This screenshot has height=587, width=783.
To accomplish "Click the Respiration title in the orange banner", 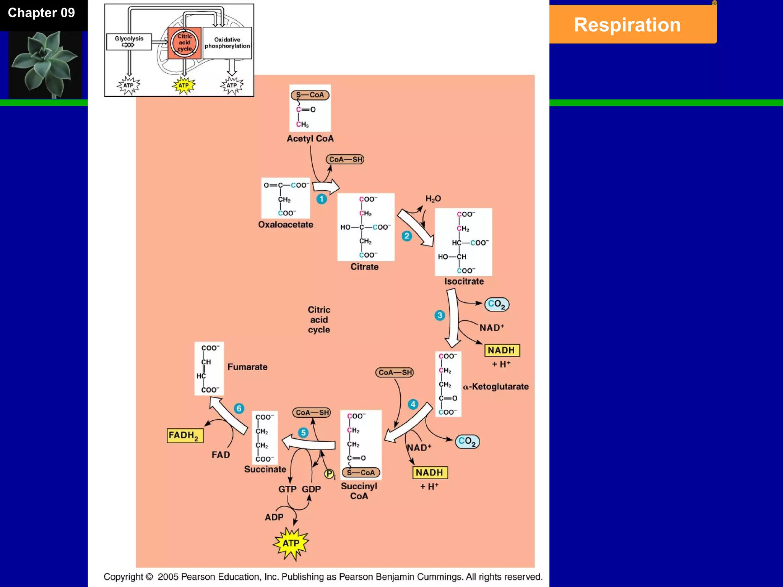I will [627, 25].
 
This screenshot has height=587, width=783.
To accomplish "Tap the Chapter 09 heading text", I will [41, 13].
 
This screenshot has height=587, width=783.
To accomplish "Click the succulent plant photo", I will [45, 64].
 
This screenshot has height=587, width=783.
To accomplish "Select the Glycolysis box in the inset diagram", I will [129, 41].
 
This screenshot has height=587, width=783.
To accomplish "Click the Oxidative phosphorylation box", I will [227, 43].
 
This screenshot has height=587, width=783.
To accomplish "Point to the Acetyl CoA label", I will [310, 139].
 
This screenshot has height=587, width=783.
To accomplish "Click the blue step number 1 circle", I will [322, 199].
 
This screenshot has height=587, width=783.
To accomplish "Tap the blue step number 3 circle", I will [440, 315].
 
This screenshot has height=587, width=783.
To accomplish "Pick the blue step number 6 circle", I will [239, 408].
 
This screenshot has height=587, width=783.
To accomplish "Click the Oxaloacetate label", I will [285, 225].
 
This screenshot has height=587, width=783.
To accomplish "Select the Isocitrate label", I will [464, 281].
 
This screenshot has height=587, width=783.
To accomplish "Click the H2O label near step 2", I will [433, 199].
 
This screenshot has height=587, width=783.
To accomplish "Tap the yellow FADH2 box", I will [185, 436].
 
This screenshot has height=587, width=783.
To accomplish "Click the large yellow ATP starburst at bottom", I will [291, 543].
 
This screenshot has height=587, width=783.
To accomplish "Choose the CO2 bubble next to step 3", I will [497, 304].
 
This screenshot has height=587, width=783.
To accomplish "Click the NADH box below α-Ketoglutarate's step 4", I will [430, 473].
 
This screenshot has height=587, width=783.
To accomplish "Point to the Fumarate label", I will [247, 367].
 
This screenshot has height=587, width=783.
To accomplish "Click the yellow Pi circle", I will [329, 474].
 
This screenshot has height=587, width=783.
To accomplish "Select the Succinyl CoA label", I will [359, 491].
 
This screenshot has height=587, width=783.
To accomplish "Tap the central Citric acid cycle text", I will [319, 319].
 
